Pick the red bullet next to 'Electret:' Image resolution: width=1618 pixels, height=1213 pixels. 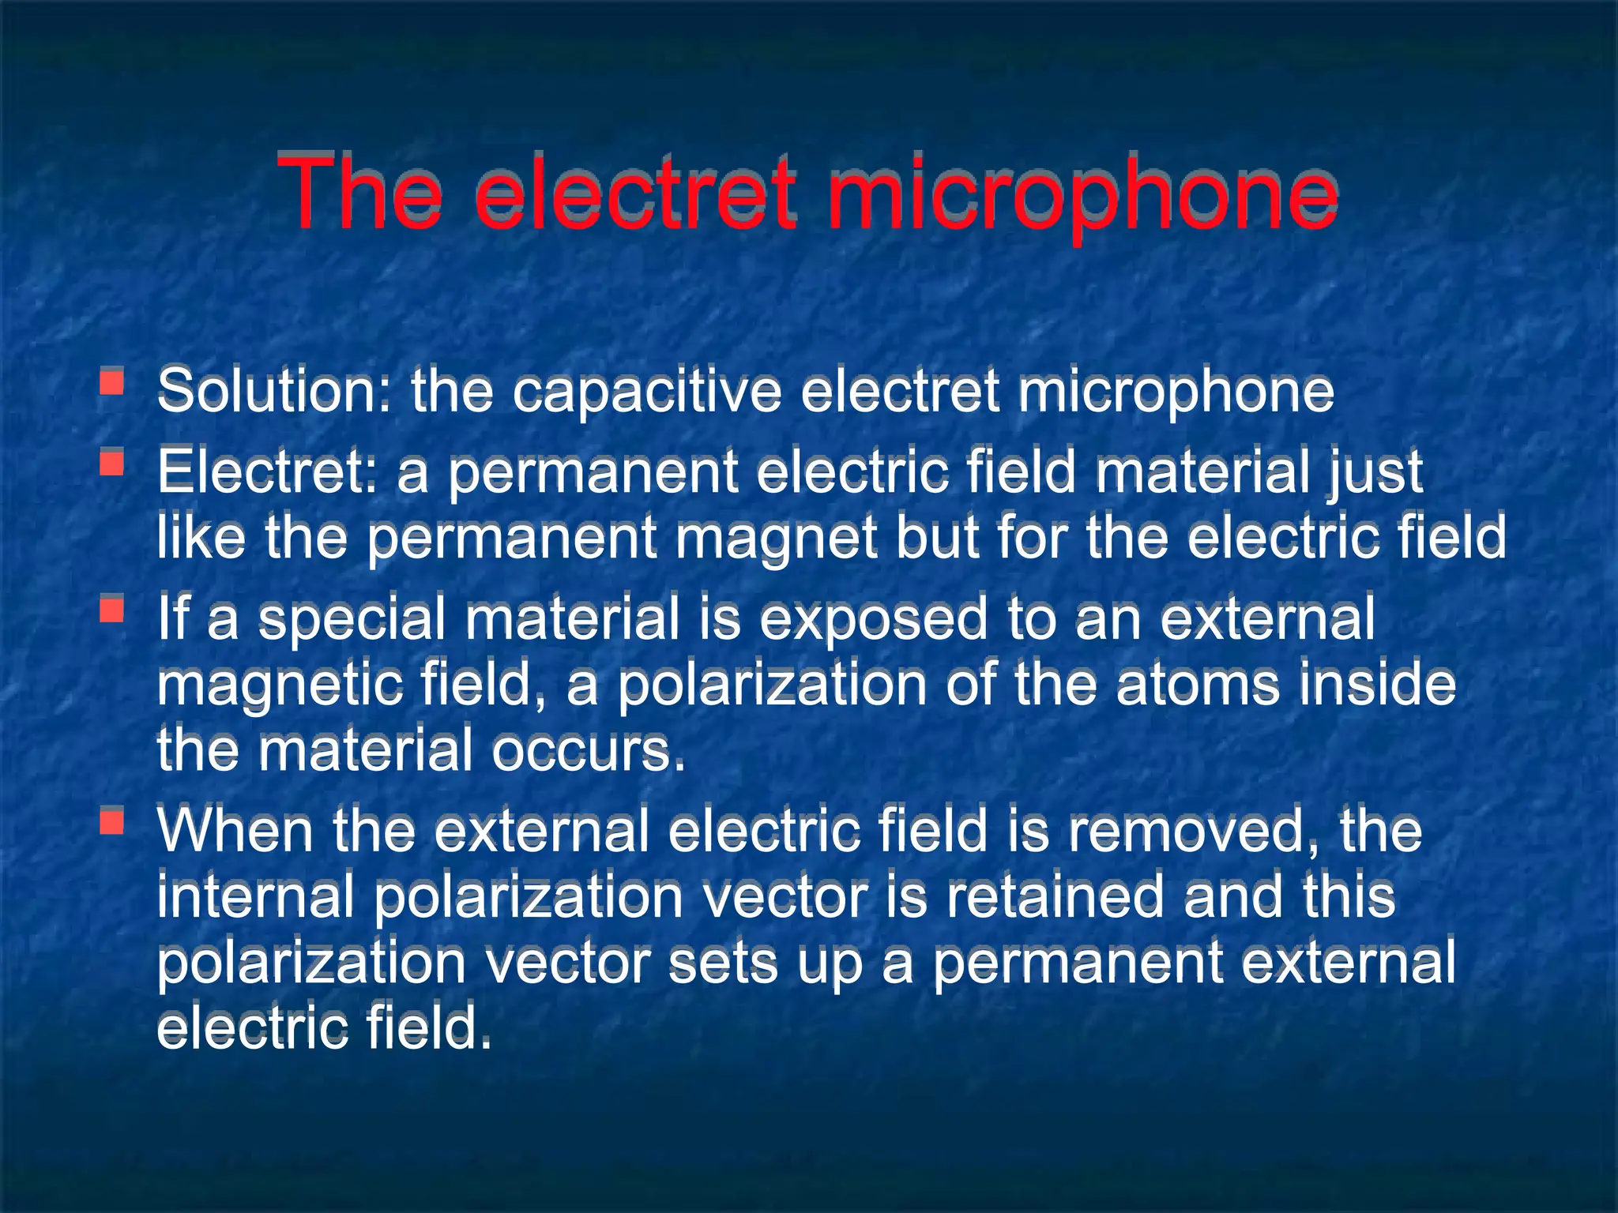[112, 462]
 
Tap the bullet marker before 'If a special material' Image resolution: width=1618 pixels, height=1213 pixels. [112, 608]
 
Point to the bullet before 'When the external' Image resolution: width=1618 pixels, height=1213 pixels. [112, 821]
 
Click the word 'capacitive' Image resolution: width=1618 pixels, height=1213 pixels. [646, 392]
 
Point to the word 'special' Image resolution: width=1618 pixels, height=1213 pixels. [352, 619]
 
